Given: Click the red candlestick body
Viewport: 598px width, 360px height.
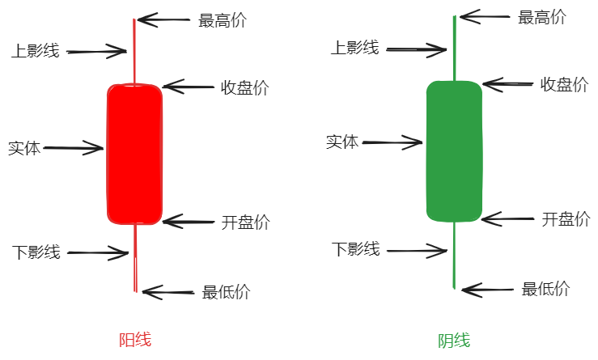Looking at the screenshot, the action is tap(134, 154).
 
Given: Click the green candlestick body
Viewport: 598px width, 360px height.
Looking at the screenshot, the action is tap(454, 150).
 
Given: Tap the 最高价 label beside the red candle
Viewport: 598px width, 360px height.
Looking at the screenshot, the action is tap(223, 21).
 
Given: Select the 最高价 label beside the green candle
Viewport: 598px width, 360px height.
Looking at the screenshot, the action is tap(542, 18).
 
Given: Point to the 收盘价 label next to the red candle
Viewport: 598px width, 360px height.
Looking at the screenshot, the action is tap(245, 88).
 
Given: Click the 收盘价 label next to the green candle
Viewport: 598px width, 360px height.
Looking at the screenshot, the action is tap(565, 85).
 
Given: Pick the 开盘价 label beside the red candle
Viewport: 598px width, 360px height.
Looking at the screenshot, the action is tap(246, 222).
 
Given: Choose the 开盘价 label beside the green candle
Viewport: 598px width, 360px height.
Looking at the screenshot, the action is tap(566, 219).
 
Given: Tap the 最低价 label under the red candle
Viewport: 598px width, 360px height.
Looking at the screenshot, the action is tap(226, 293).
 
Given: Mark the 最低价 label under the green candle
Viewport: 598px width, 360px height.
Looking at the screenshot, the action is tap(545, 289).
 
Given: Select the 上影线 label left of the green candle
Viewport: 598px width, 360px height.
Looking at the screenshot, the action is tap(354, 48).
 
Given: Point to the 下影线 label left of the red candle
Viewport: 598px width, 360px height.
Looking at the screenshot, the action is tap(36, 252).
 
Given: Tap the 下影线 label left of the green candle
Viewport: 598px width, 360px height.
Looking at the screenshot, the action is tap(356, 249).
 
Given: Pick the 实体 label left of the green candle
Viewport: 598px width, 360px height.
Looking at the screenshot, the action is tap(342, 142).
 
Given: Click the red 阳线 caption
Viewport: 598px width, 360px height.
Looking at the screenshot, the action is tap(135, 341).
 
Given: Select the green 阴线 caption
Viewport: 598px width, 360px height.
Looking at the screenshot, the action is tap(454, 341).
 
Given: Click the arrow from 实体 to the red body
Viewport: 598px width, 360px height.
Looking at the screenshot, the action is tap(74, 149).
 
